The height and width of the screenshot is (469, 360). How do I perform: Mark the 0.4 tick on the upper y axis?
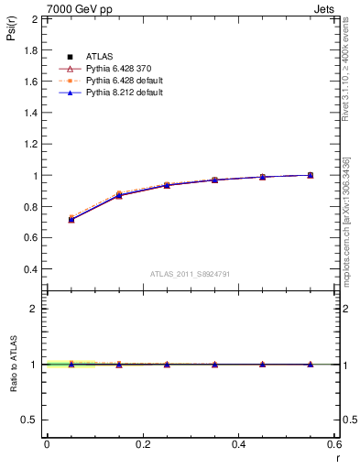[30, 270]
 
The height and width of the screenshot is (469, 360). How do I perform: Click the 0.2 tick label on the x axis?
[142, 444]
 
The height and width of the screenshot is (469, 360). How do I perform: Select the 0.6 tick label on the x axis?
[333, 444]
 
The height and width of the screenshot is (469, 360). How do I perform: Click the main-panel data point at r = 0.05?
[71, 220]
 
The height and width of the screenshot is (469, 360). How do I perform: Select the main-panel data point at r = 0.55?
[311, 175]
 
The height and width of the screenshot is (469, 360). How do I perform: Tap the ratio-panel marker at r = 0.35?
[214, 365]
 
